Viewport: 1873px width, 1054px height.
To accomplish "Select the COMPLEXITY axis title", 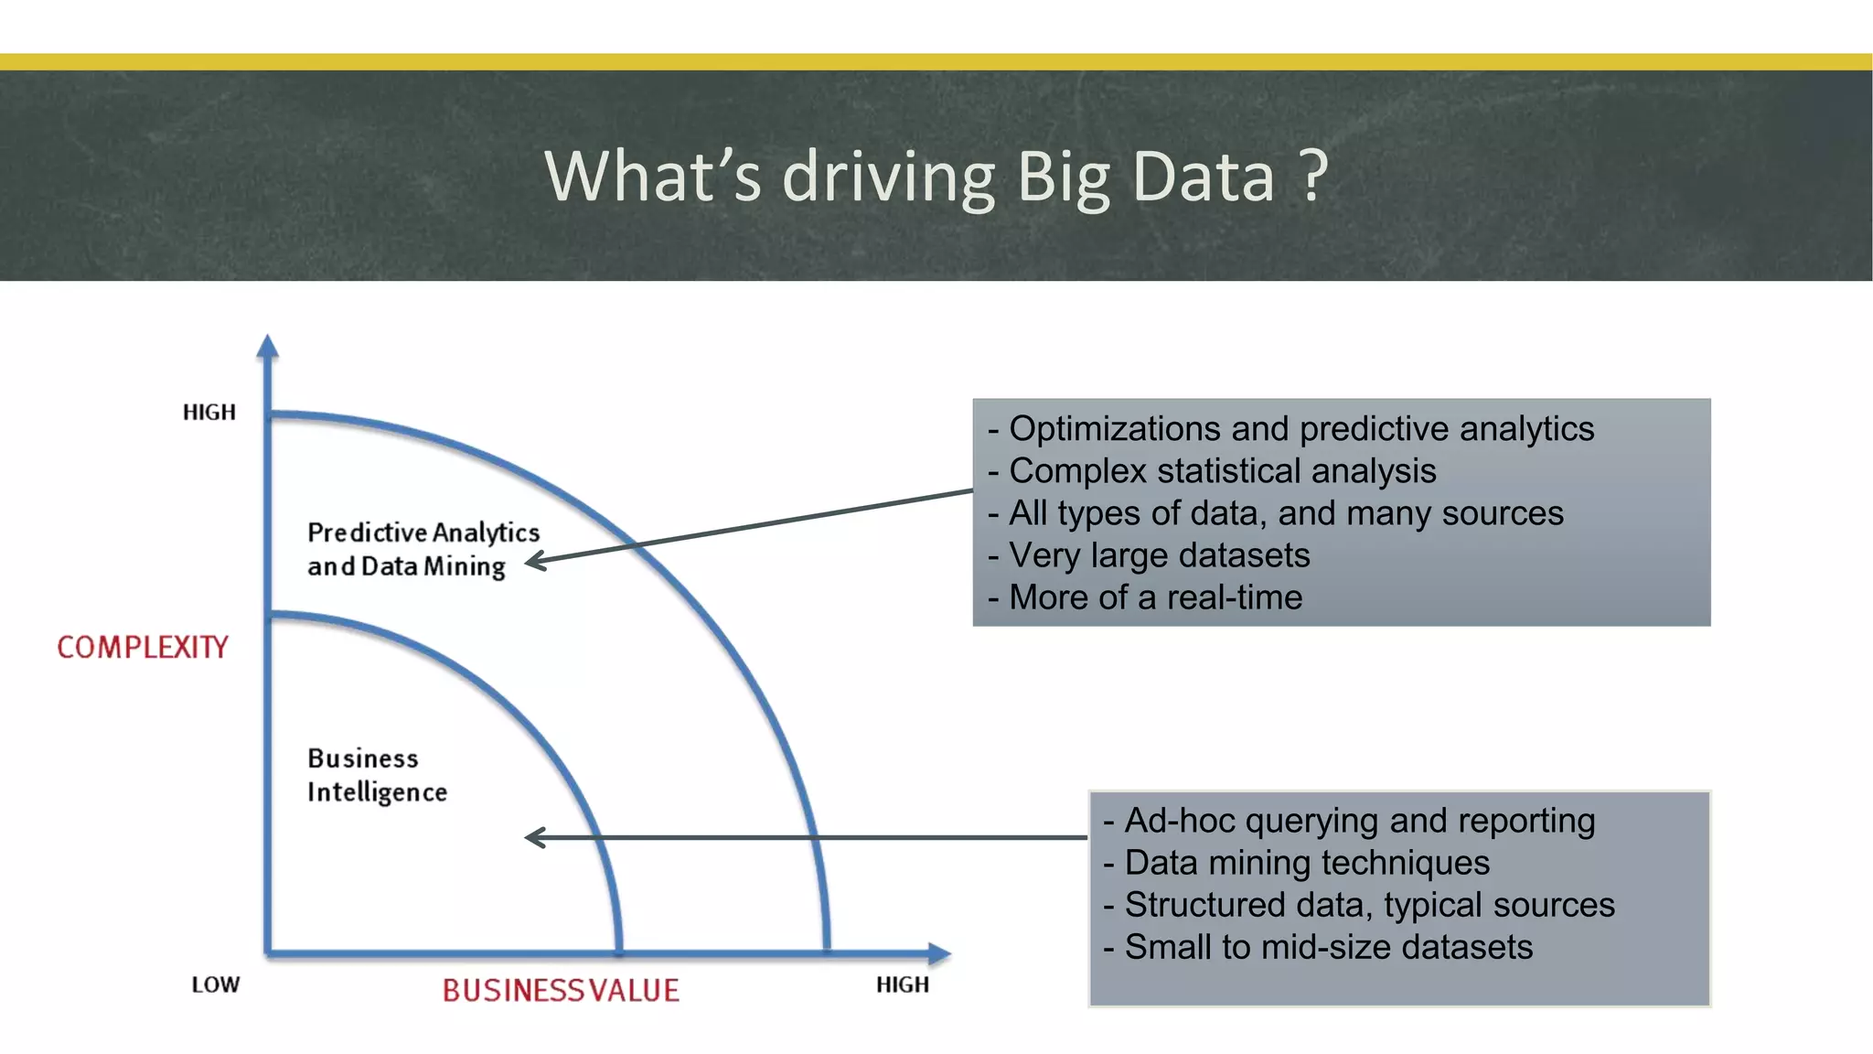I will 142,648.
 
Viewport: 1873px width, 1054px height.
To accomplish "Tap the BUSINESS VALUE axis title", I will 561,990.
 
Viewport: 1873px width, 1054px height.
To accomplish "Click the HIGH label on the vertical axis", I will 209,413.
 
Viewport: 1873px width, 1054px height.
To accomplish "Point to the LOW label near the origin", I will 216,984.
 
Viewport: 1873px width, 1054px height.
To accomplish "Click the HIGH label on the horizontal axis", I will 902,984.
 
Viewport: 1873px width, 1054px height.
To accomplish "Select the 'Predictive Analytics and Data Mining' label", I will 423,549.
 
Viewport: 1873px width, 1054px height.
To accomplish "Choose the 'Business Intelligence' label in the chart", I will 377,775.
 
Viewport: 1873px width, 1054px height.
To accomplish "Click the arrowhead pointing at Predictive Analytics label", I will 534,561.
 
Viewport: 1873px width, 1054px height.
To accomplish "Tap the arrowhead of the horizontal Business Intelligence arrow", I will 534,837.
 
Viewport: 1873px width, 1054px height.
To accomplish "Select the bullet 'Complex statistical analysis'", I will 1222,471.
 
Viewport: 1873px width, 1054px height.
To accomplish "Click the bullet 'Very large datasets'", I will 1159,555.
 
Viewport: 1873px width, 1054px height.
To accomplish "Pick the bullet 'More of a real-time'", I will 1155,597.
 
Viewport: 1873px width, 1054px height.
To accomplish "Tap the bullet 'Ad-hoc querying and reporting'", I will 1359,821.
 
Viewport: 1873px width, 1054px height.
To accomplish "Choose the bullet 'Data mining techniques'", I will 1306,863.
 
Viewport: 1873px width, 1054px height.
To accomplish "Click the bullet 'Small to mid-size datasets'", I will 1328,947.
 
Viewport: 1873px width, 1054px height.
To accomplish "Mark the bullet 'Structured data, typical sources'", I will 1369,905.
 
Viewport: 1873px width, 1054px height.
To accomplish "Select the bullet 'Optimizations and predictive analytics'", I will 1300,429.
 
